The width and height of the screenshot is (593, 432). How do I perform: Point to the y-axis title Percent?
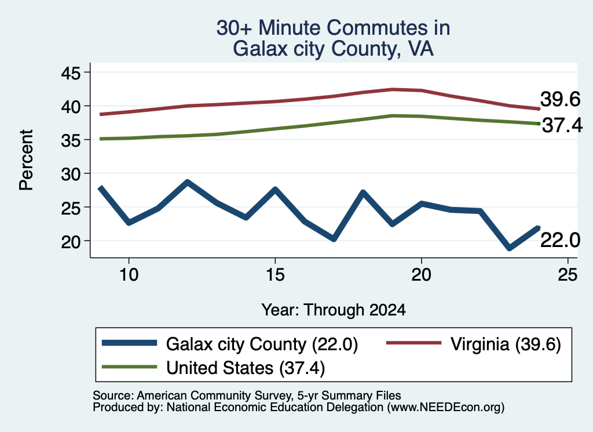(x=26, y=159)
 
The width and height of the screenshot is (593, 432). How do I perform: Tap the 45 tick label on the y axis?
(x=71, y=73)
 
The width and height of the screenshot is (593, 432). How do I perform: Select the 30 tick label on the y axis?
(x=71, y=174)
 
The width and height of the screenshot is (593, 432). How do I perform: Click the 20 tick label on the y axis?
(x=71, y=242)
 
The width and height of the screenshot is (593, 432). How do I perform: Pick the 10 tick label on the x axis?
(x=129, y=274)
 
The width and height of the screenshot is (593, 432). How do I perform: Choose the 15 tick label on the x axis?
(x=275, y=274)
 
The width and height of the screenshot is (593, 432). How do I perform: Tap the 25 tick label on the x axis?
(x=568, y=274)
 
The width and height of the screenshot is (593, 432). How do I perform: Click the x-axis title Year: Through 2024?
(x=334, y=310)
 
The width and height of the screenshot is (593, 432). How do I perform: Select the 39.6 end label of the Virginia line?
(x=560, y=99)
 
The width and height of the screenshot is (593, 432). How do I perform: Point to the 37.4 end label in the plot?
(x=562, y=125)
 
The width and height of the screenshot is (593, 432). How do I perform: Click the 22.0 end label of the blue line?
(x=560, y=240)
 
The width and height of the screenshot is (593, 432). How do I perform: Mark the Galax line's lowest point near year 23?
(x=510, y=248)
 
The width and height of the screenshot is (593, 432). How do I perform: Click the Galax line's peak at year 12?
(x=188, y=182)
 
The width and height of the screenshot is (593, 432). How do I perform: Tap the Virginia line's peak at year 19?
(x=393, y=89)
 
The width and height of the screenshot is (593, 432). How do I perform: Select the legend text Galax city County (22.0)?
(x=262, y=344)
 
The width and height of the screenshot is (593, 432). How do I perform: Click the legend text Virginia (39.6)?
(x=506, y=344)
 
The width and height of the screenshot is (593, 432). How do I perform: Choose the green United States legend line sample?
(x=129, y=366)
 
